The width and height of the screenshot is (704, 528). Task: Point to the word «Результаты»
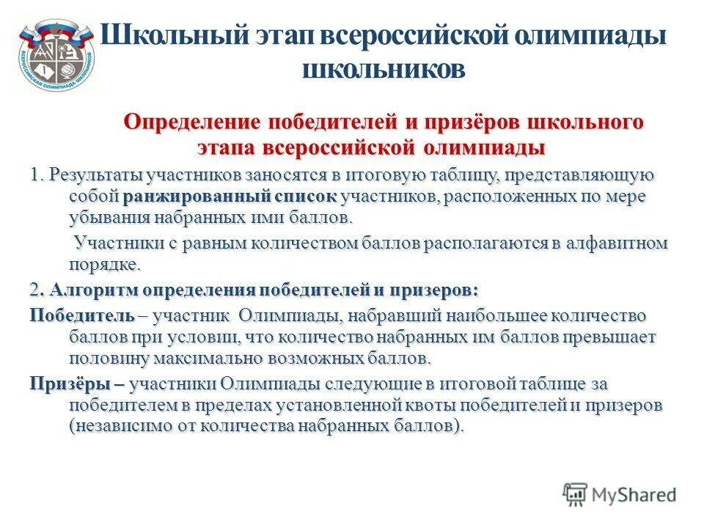click(96, 176)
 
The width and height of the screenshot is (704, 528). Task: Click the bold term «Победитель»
click(82, 316)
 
